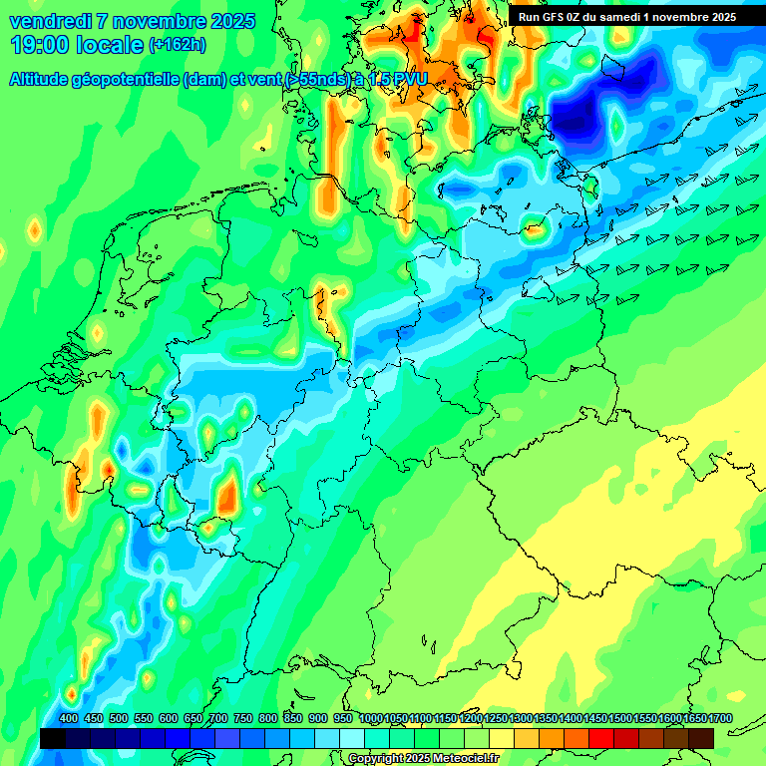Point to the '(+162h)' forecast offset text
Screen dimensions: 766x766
(178, 45)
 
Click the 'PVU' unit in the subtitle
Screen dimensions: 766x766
(407, 79)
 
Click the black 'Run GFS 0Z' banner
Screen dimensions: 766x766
(626, 17)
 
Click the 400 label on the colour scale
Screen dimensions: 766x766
(68, 719)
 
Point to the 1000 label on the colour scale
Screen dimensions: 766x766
(370, 719)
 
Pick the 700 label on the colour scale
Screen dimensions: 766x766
(218, 719)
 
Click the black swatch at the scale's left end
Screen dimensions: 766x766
(52, 738)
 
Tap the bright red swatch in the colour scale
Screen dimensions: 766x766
(601, 738)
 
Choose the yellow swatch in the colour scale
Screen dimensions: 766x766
(502, 738)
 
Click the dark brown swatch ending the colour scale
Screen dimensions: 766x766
(701, 738)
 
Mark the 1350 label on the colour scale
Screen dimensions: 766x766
(546, 719)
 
